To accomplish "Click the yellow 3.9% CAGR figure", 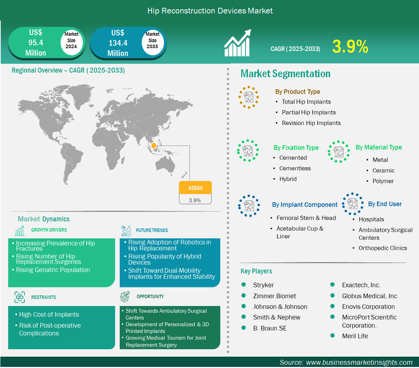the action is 350,46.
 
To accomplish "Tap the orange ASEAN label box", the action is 196,188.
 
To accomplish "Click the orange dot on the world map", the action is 154,146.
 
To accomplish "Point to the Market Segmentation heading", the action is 285,74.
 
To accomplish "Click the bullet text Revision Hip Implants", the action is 311,123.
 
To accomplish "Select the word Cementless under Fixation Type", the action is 295,168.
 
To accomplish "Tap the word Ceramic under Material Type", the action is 383,170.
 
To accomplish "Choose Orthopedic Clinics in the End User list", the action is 383,248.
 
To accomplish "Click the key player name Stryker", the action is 263,285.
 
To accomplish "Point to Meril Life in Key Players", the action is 355,336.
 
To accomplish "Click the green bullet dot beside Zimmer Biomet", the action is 243,296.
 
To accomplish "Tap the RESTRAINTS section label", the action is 44,297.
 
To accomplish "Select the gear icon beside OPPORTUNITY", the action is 125,296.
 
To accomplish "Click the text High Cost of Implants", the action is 49,315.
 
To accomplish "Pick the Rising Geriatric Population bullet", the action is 53,270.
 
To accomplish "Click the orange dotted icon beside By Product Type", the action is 249,97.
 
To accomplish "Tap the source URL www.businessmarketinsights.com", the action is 359,362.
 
